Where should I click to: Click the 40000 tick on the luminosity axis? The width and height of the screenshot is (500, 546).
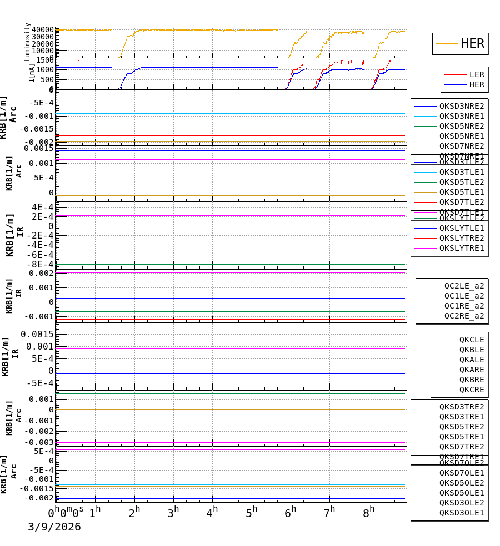[x=43, y=30]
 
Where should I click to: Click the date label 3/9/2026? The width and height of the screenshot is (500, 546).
[x=54, y=527]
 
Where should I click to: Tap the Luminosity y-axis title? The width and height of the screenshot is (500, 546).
[x=28, y=42]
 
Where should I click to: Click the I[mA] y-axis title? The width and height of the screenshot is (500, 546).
[x=32, y=73]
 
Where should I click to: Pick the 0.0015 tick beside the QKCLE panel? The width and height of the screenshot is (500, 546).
[x=38, y=334]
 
